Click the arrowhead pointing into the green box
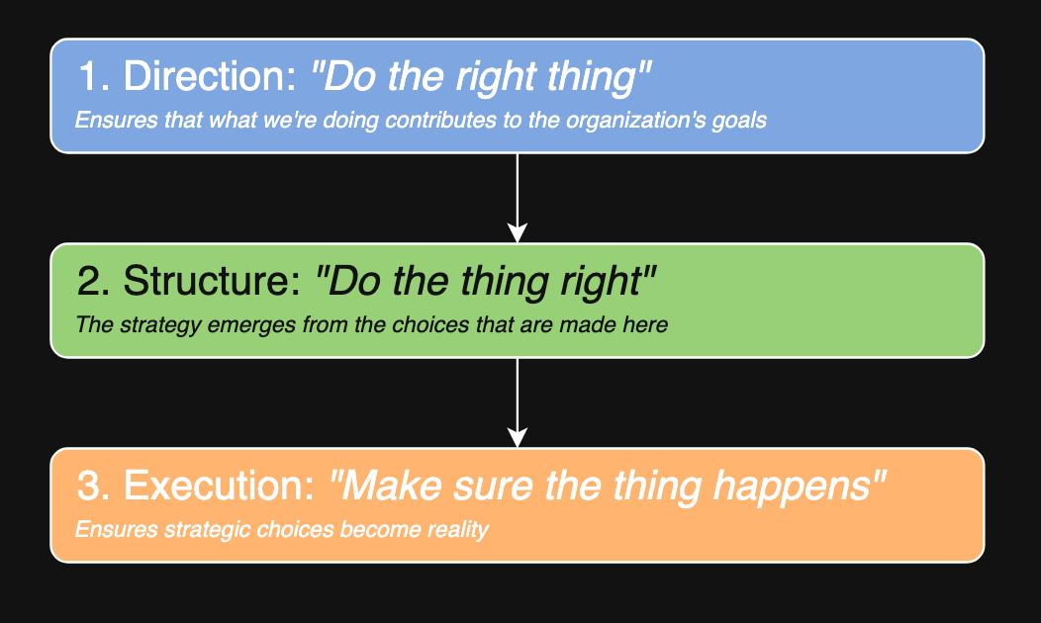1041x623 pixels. pyautogui.click(x=518, y=232)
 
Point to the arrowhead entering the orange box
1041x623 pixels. pyautogui.click(x=518, y=437)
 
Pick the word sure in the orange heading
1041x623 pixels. pyautogui.click(x=493, y=487)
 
